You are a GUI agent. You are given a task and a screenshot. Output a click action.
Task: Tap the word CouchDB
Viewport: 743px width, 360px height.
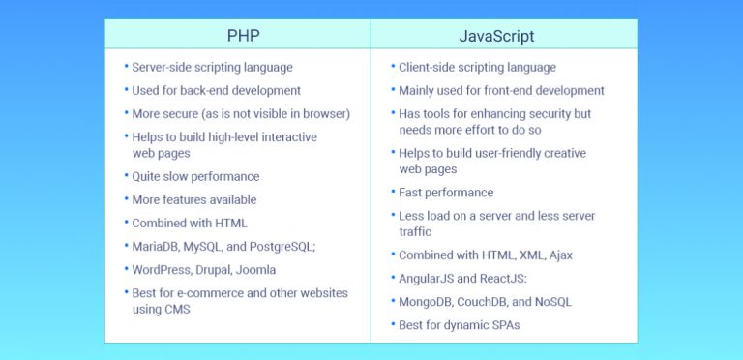pos(490,302)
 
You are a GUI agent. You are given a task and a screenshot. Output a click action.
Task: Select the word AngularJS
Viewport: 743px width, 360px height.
pos(430,279)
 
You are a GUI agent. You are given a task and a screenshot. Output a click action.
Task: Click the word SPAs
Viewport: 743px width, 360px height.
pos(499,325)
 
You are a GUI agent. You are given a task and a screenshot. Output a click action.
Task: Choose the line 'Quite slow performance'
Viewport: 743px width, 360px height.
pos(196,176)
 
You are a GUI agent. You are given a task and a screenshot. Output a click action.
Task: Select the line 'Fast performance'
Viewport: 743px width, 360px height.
pos(446,193)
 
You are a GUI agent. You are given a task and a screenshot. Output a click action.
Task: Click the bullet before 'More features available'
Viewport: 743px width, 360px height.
pos(126,199)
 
